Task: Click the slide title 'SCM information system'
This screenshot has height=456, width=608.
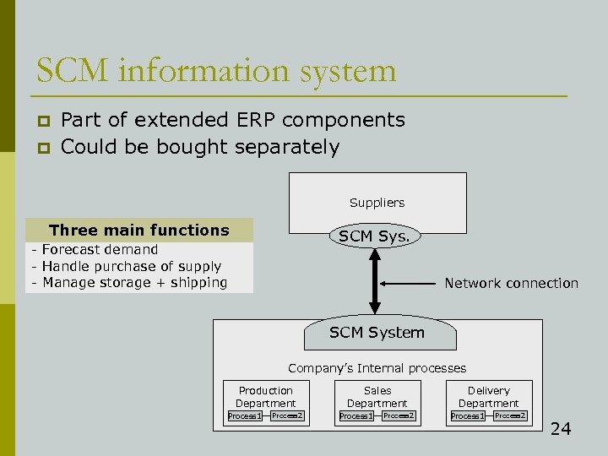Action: pos(216,69)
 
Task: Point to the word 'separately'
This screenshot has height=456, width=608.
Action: pos(287,148)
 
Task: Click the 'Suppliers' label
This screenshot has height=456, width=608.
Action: pos(377,203)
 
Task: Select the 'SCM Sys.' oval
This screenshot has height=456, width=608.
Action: pos(374,236)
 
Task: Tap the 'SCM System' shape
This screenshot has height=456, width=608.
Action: pos(377,333)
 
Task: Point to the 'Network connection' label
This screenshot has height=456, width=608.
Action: pos(511,284)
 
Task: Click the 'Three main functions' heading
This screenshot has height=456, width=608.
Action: pos(139,230)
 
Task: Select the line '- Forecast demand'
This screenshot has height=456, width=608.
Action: pos(95,249)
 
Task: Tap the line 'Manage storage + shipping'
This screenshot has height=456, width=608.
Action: pos(131,283)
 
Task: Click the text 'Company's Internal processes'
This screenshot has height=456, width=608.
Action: pos(377,368)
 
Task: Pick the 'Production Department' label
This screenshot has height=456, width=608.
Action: pos(265,397)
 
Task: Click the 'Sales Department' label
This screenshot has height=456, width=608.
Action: pos(377,397)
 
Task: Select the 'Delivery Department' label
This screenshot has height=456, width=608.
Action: pos(489,397)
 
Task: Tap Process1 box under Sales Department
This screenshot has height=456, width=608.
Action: pos(356,416)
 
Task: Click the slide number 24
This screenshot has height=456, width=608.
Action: pos(561,429)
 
